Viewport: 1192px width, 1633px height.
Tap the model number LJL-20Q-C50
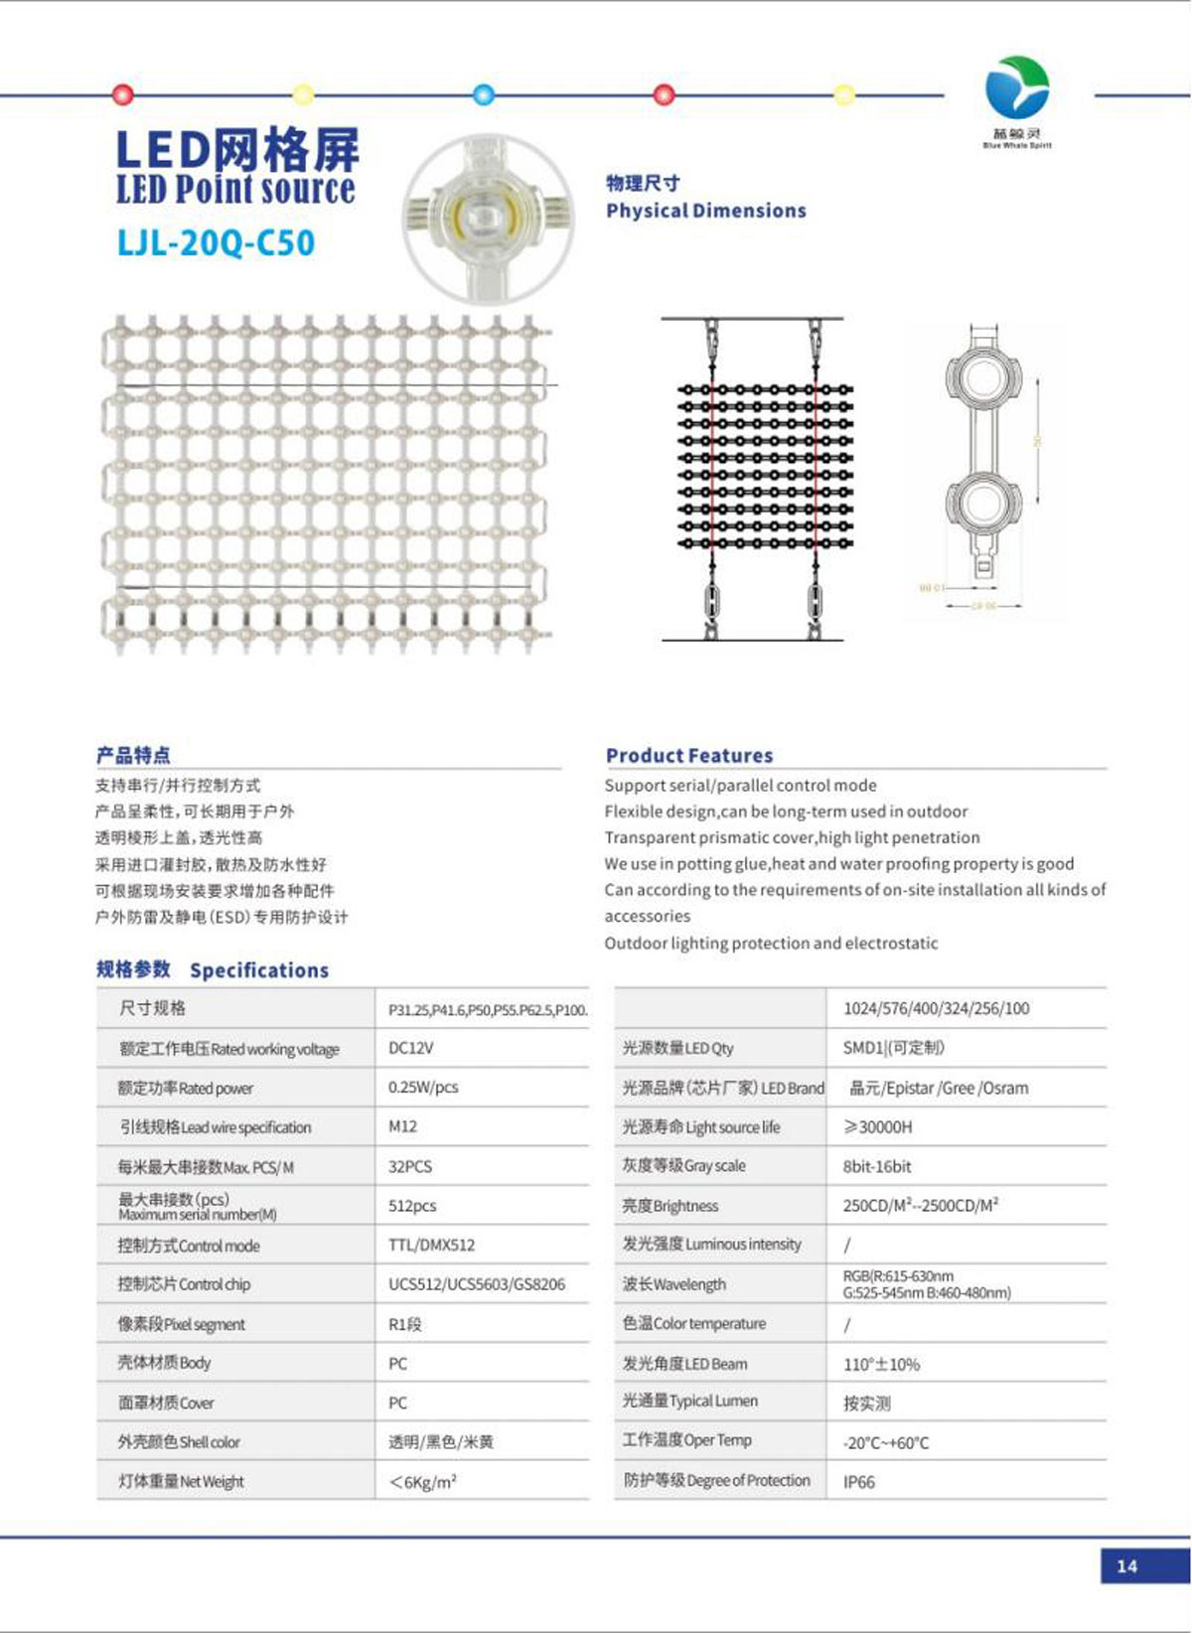216,243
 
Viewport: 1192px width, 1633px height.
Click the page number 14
1126,1566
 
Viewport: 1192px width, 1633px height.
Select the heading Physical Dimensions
705,211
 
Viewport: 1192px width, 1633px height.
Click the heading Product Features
689,756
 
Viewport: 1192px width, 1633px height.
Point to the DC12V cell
410,1048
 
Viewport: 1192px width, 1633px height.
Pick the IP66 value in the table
859,1482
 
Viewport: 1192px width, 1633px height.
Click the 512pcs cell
412,1206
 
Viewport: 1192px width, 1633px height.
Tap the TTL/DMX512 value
431,1245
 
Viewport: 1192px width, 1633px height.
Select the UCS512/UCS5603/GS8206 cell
476,1284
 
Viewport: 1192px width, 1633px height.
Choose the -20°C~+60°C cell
886,1442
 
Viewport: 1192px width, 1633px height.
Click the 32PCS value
410,1166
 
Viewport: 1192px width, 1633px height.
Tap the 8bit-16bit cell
877,1166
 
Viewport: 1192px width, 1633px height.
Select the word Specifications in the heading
259,970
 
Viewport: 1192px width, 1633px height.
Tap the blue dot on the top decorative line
484,95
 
